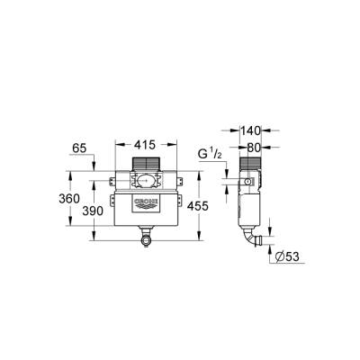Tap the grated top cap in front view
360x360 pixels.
click(x=146, y=164)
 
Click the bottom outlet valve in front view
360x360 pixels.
click(x=146, y=239)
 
